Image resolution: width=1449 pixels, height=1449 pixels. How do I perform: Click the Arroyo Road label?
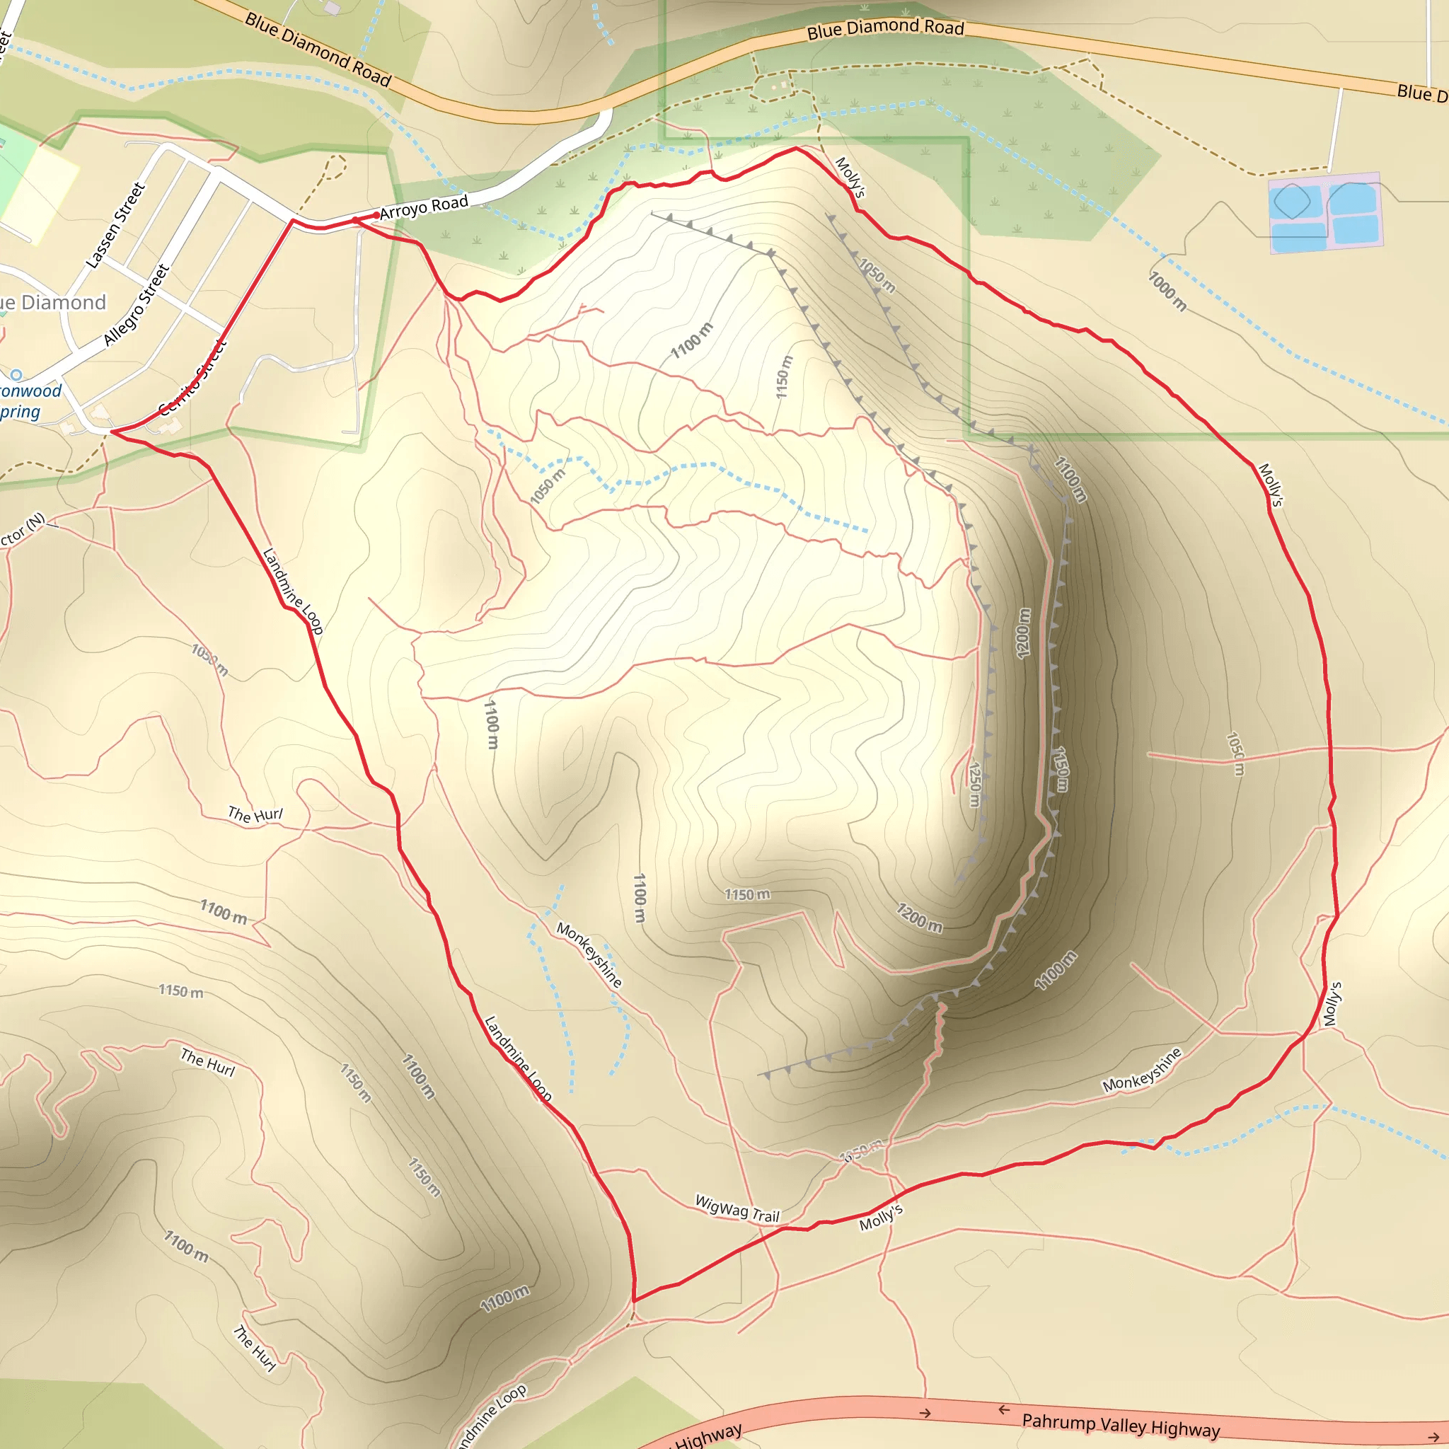point(424,207)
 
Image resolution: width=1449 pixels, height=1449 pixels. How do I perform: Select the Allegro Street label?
point(137,304)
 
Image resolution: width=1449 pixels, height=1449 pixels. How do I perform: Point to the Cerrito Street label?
point(192,377)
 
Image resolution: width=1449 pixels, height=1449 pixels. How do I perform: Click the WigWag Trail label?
point(737,1209)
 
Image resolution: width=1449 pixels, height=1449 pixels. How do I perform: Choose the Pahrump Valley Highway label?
point(1121,1424)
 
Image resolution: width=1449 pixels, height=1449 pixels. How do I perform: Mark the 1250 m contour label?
point(974,784)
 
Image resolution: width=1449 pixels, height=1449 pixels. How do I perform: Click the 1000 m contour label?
point(1167,291)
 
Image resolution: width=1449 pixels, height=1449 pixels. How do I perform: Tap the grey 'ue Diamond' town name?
point(52,302)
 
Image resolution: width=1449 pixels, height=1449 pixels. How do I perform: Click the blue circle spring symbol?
point(16,374)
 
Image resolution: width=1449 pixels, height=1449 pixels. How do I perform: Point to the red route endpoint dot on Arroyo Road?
point(376,215)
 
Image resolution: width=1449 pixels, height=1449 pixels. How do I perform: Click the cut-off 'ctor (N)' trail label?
point(23,529)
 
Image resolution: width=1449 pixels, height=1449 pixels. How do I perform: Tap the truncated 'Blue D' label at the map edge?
point(1421,93)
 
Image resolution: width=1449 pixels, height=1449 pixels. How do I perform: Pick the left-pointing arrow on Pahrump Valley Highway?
point(1003,1410)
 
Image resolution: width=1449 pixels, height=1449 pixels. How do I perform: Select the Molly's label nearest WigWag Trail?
point(882,1217)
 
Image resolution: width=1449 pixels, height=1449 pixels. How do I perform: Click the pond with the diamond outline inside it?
point(1291,201)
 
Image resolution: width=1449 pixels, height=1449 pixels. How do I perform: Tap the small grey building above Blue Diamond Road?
point(332,8)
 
